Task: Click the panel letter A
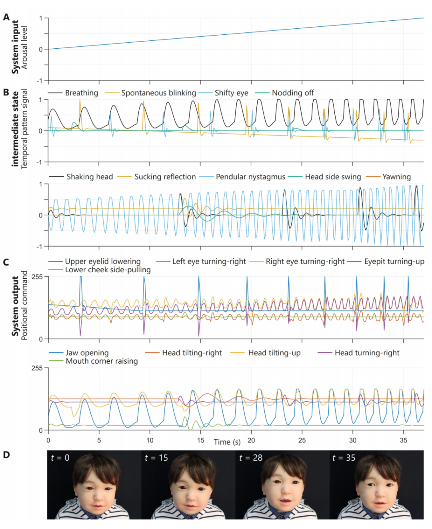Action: (6, 17)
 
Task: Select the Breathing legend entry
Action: (81, 93)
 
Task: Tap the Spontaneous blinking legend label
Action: (158, 93)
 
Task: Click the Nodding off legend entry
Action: (292, 93)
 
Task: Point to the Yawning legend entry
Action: (396, 177)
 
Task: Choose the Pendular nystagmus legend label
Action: (250, 177)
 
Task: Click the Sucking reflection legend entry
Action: (165, 177)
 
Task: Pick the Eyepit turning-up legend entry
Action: (394, 262)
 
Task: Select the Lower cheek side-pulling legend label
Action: (108, 270)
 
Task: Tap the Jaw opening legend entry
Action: (87, 353)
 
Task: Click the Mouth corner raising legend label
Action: (102, 361)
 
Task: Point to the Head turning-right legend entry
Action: (367, 353)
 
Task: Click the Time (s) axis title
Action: (227, 442)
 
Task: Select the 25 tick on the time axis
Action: (302, 440)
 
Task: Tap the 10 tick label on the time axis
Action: (150, 440)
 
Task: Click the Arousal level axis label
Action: (25, 48)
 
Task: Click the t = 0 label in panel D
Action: (60, 458)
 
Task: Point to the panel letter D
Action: (6, 455)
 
